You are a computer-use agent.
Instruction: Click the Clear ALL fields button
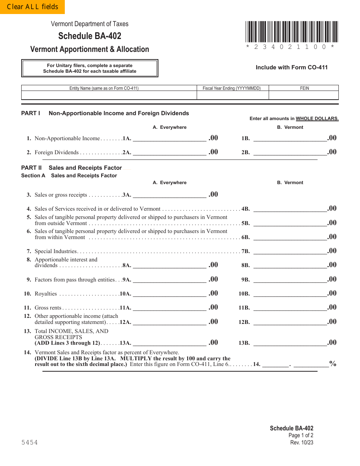[x=32, y=7]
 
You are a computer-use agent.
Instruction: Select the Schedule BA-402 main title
[x=90, y=36]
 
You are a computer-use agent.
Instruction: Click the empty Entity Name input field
[x=109, y=95]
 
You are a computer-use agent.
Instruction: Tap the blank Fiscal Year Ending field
[x=232, y=95]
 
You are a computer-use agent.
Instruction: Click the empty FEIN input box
[x=304, y=95]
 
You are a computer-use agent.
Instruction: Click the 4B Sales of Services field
[x=290, y=208]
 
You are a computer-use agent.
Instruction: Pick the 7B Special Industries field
[x=290, y=251]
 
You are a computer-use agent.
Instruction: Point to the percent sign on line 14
[x=333, y=364]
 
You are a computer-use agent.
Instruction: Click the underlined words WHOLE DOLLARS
[x=317, y=119]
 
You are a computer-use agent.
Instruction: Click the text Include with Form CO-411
[x=291, y=67]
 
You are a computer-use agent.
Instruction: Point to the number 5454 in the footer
[x=30, y=443]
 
